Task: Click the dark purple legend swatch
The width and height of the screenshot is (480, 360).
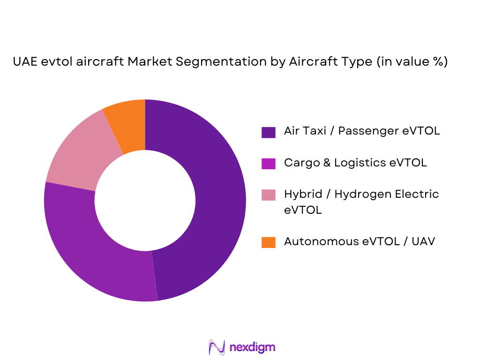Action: point(268,132)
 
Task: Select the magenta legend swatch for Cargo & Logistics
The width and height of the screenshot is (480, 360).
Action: point(268,164)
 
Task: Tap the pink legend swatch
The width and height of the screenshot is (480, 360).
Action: point(268,195)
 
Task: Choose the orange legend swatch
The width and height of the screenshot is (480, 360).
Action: point(268,242)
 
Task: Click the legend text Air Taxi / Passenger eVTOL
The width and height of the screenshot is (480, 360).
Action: point(361,131)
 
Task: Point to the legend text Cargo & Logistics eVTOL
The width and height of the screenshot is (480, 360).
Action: point(355,163)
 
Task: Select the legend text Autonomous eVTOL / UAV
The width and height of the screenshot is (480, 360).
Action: point(359,241)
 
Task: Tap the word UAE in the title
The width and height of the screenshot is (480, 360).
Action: point(24,62)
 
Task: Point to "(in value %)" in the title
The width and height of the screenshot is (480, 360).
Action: point(411,62)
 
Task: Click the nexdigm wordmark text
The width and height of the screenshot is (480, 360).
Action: point(252,347)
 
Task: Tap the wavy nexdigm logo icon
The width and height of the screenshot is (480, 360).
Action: point(217,347)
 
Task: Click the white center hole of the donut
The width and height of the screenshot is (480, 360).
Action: point(145,200)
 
